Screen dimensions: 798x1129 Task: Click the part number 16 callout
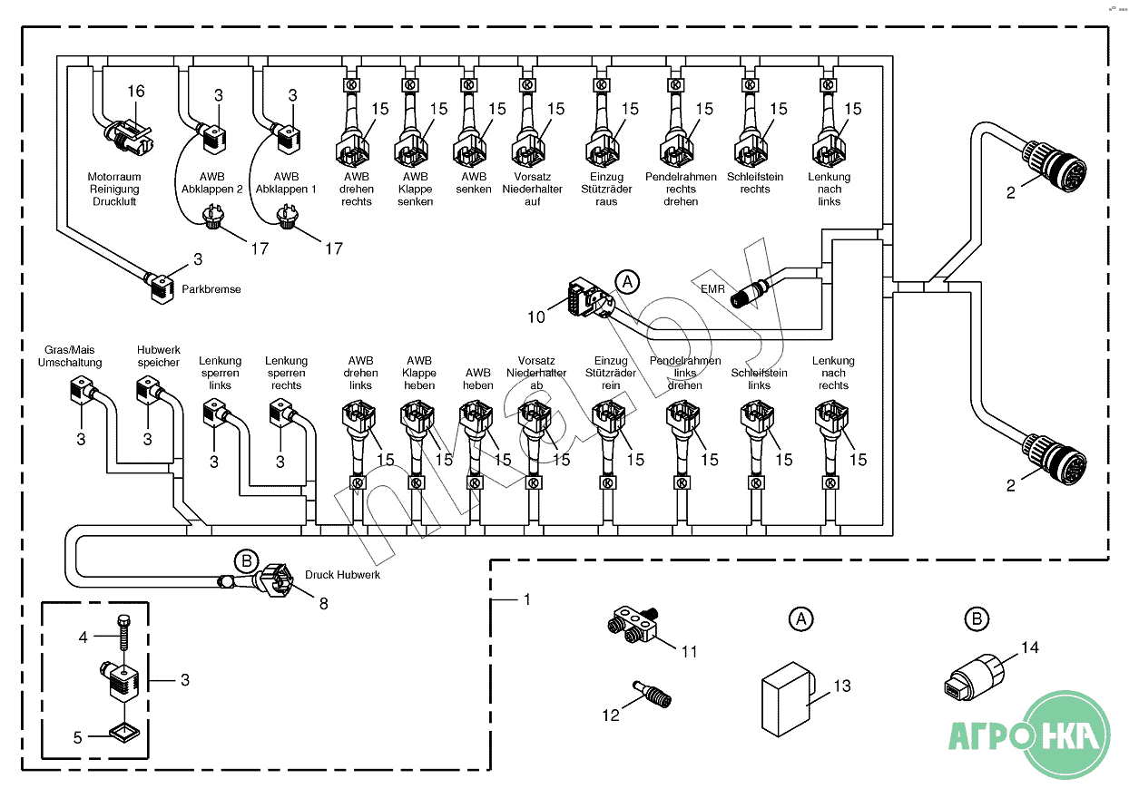tap(135, 92)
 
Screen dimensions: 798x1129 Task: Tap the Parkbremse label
tap(211, 289)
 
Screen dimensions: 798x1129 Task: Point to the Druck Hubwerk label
tap(342, 575)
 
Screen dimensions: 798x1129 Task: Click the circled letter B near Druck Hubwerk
tap(246, 560)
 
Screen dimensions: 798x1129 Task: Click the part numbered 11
tap(633, 625)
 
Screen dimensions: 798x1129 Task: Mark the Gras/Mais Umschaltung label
tap(70, 355)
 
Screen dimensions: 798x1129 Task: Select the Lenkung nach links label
tap(830, 189)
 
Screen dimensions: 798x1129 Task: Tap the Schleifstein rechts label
tap(754, 183)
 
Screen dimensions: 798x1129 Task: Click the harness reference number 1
tap(526, 600)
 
